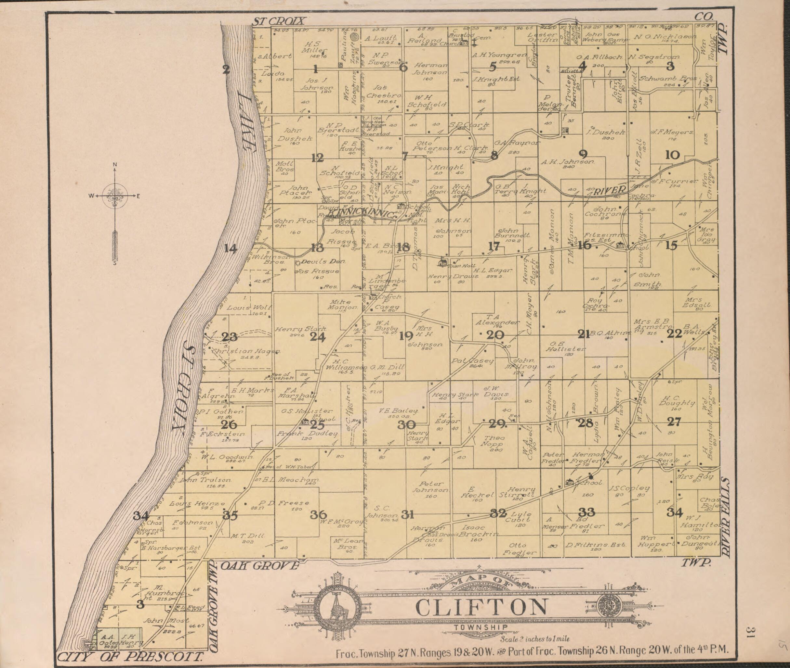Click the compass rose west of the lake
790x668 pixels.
pyautogui.click(x=114, y=196)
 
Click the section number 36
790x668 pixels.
pyautogui.click(x=318, y=514)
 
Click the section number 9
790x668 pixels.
pyautogui.click(x=583, y=154)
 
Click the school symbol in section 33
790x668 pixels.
pyautogui.click(x=569, y=482)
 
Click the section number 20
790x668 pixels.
pyautogui.click(x=495, y=334)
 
